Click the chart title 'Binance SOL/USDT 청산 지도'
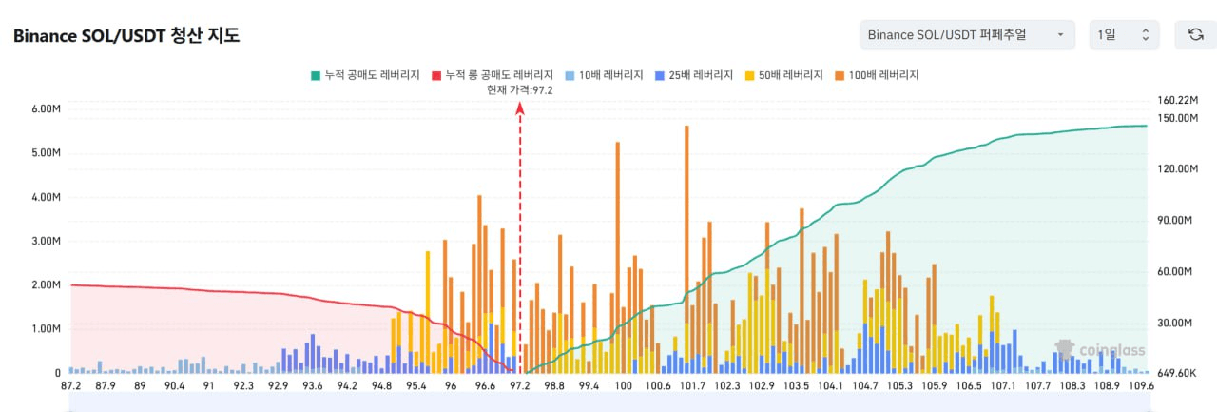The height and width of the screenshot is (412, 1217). tap(126, 36)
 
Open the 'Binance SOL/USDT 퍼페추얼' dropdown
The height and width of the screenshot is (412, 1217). tap(966, 35)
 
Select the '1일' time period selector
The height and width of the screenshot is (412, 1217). tap(1124, 35)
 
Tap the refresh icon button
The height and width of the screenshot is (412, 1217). tap(1195, 35)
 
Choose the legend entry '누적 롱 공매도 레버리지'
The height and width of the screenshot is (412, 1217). tap(492, 74)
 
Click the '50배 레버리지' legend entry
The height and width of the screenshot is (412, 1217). tap(787, 74)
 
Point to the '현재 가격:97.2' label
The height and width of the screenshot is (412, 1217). tap(519, 89)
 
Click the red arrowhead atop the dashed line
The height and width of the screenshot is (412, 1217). tap(520, 108)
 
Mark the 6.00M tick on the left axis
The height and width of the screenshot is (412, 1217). tap(46, 108)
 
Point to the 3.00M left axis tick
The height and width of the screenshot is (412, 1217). tap(46, 241)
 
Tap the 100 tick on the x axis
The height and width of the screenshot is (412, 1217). tap(623, 386)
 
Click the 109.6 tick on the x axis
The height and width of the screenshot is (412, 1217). tap(1139, 386)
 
